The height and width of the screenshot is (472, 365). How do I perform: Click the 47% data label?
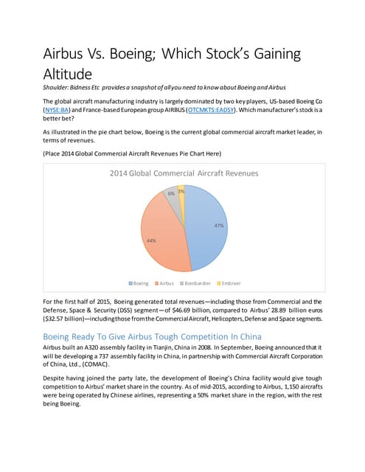[219, 226]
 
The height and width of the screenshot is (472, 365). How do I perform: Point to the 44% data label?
[151, 240]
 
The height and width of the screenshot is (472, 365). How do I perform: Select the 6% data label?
[171, 193]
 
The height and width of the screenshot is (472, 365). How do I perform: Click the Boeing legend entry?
[139, 283]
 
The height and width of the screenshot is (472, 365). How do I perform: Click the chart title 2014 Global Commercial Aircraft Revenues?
[183, 173]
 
